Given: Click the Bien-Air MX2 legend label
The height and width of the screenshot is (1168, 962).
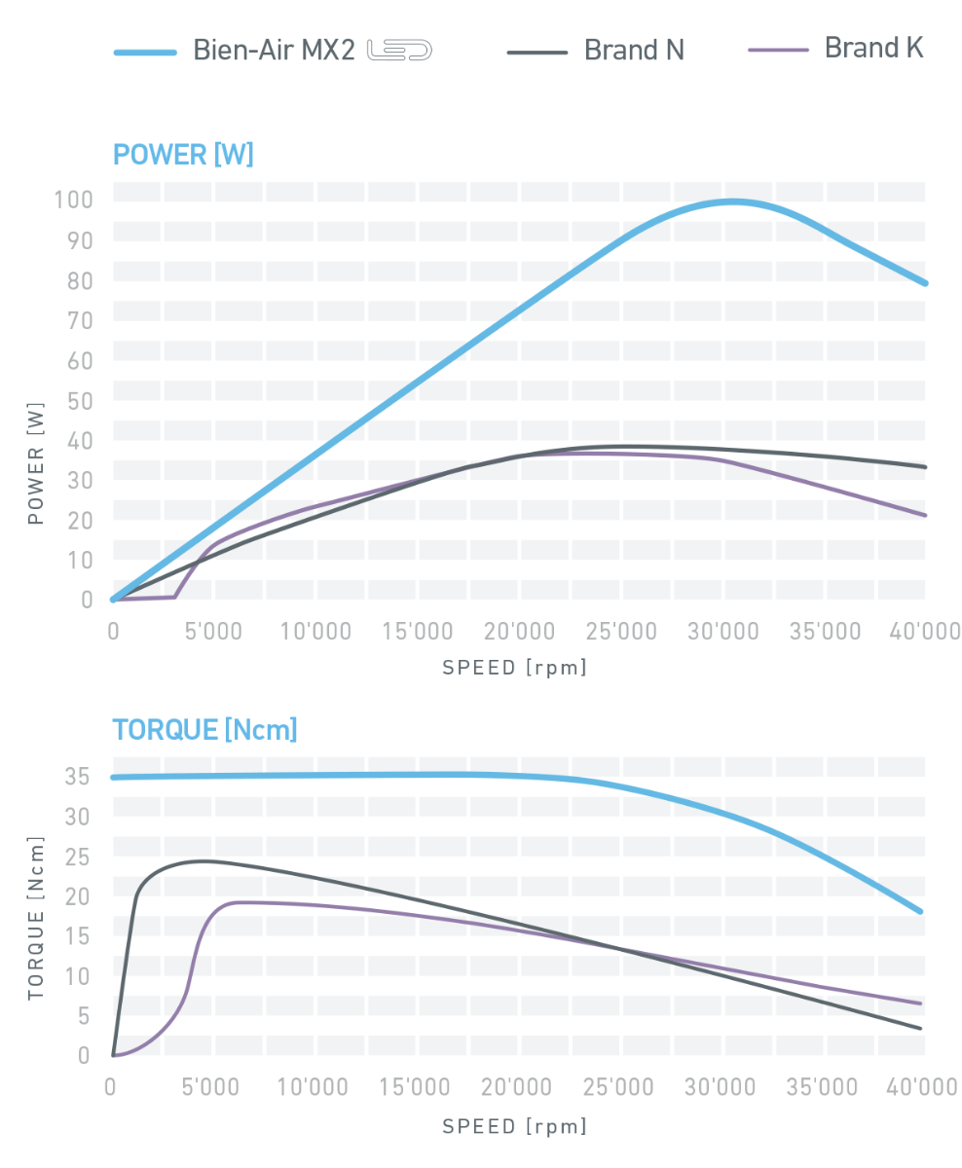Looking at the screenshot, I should tap(274, 50).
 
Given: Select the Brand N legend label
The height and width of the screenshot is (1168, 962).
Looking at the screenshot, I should tap(634, 50).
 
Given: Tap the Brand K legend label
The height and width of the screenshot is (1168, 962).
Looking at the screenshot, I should tap(873, 47).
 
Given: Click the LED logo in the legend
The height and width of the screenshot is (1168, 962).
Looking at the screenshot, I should tap(398, 51).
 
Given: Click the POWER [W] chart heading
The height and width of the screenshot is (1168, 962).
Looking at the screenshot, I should tap(183, 155).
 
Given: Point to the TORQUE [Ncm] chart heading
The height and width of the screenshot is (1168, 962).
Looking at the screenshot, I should tap(204, 729).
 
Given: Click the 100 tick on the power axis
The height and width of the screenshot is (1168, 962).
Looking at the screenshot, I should tap(74, 201).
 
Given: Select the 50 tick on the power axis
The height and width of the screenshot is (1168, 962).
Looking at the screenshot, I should tap(80, 400).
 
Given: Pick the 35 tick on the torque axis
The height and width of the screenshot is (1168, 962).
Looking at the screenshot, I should tap(79, 777).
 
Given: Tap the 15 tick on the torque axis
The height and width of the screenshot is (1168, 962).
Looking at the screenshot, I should tap(79, 936).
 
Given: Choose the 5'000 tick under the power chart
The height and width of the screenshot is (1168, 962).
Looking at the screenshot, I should tap(212, 632).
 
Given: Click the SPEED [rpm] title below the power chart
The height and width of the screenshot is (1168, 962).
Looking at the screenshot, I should tap(515, 669).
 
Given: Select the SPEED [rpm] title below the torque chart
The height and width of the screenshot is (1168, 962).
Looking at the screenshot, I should tap(515, 1126).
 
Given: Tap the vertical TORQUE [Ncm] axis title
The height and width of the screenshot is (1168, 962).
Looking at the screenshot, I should tap(36, 918).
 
